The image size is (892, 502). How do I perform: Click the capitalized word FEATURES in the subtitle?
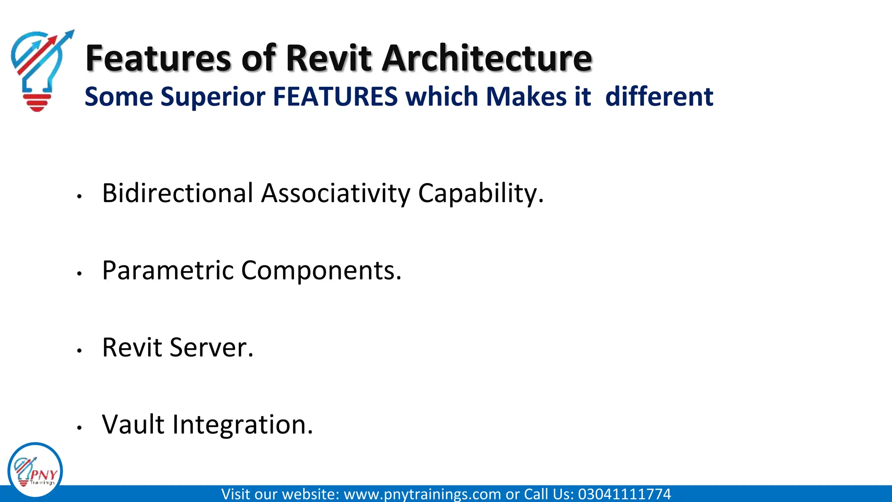[335, 96]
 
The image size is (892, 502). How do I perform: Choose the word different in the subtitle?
[659, 96]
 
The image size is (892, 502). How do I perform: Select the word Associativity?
[335, 193]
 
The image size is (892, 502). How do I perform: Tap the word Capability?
[480, 194]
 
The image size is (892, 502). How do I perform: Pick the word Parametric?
[168, 270]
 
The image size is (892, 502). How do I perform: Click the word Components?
[321, 271]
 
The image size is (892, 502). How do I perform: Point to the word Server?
[211, 347]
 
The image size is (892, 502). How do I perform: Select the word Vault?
[133, 424]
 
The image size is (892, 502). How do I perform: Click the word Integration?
[242, 425]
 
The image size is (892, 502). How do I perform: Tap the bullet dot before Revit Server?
[79, 350]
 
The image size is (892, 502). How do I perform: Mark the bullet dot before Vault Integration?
[79, 427]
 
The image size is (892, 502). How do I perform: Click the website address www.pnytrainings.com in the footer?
[422, 494]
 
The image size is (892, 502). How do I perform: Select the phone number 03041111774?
[624, 494]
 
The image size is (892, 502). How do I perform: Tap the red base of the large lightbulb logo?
[37, 102]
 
